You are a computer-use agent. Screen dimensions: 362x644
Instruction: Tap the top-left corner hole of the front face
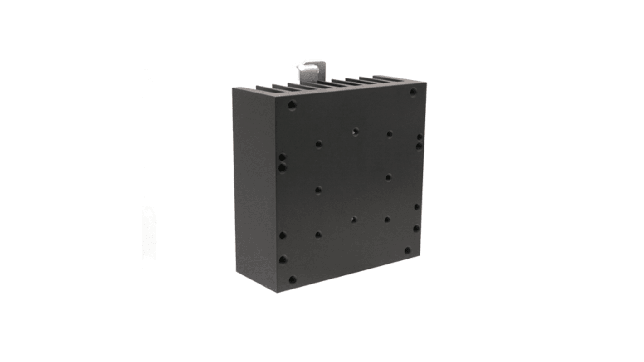tap(292, 105)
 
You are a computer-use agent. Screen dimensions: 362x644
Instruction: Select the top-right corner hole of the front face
tap(413, 92)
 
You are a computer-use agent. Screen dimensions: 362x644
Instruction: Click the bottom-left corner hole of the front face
tap(292, 279)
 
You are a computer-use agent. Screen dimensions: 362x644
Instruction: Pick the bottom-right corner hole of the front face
tap(407, 250)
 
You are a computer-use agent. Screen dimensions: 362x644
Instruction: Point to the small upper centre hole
tap(355, 132)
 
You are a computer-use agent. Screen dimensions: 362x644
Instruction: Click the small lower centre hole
tap(354, 220)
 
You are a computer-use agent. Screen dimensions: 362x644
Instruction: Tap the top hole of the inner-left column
tap(319, 144)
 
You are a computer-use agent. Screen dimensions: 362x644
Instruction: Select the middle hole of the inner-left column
tap(318, 190)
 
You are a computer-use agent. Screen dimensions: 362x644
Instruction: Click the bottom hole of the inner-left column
tap(318, 235)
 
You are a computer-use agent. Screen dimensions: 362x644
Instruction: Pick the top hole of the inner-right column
tap(389, 134)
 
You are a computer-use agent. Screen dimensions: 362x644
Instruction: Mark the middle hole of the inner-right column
tap(389, 177)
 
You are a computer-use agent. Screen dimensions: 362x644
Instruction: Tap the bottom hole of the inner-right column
tap(387, 220)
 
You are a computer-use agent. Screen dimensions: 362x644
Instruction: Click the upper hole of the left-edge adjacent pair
tap(282, 158)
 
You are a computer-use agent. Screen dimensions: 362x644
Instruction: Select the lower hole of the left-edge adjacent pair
tap(282, 168)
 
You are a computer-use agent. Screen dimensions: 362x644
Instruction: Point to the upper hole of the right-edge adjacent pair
tap(420, 137)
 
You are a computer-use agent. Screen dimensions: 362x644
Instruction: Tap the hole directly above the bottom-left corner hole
tap(283, 259)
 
